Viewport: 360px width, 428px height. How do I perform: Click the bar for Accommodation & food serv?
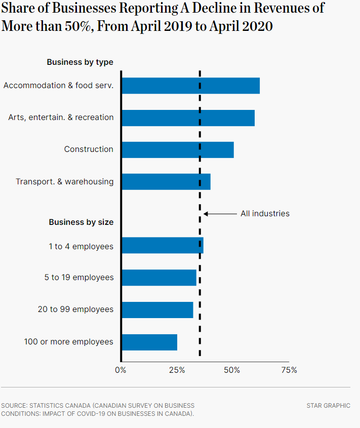191,86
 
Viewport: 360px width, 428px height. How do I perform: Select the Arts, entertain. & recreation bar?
188,118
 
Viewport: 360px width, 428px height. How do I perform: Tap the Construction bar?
178,149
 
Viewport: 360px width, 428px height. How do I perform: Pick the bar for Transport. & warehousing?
166,181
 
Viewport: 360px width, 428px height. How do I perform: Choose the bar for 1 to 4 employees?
163,245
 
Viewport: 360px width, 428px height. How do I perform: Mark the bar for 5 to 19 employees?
159,278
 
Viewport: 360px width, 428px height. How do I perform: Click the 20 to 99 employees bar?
157,309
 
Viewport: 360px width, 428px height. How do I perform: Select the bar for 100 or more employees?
149,342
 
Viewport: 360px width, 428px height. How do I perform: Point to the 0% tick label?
121,370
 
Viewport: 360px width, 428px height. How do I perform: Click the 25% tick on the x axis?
177,370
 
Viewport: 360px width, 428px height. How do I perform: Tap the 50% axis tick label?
232,370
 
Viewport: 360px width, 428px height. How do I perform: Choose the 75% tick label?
289,370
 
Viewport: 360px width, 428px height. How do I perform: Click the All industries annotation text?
265,214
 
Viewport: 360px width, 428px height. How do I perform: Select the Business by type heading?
80,62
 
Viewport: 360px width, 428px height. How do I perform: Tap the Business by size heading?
81,222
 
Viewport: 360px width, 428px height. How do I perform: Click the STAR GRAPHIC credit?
328,406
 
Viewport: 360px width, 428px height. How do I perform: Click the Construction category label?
89,149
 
